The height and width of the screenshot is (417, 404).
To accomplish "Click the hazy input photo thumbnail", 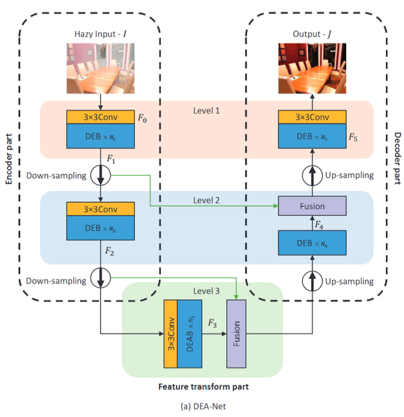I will click(x=100, y=67).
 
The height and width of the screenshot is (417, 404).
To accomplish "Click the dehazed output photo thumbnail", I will click(x=312, y=67).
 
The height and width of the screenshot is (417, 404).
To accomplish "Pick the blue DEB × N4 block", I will click(x=312, y=242).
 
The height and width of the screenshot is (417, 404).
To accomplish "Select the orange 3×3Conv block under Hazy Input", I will click(x=100, y=117).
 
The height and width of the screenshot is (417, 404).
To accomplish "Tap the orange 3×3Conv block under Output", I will click(x=312, y=117).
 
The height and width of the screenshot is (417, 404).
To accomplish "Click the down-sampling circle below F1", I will click(x=100, y=176).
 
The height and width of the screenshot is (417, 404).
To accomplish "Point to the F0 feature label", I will click(x=142, y=118).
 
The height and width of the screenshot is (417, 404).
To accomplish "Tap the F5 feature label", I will click(x=353, y=137).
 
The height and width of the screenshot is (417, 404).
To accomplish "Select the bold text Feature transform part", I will click(x=202, y=387).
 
